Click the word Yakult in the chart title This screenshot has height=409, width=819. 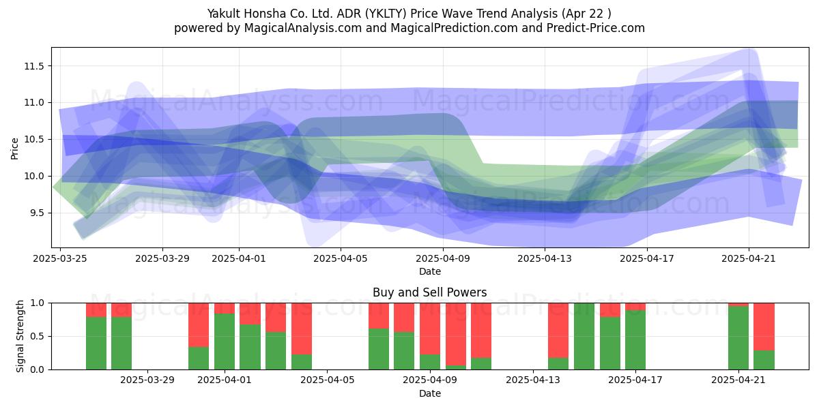click(x=224, y=14)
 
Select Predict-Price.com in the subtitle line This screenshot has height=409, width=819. click(x=596, y=28)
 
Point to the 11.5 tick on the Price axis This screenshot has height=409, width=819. click(x=33, y=66)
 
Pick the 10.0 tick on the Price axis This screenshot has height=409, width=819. click(x=33, y=176)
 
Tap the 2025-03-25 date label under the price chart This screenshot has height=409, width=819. click(x=60, y=258)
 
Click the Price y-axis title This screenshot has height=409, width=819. click(x=14, y=149)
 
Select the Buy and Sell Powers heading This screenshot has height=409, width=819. click(x=429, y=292)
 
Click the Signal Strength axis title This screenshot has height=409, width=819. click(x=20, y=336)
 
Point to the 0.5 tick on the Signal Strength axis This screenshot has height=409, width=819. click(x=38, y=336)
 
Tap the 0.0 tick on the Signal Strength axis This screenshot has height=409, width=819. click(x=38, y=369)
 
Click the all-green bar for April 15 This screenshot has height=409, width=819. click(x=584, y=336)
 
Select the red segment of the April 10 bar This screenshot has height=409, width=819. click(x=456, y=334)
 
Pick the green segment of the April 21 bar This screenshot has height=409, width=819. click(x=738, y=338)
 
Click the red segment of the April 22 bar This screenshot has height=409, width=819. click(x=764, y=327)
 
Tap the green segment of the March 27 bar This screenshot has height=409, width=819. click(x=121, y=344)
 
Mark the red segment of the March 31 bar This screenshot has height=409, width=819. click(x=199, y=325)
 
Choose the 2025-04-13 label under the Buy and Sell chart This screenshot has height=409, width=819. click(x=533, y=380)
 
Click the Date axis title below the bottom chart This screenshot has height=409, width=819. click(x=429, y=393)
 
